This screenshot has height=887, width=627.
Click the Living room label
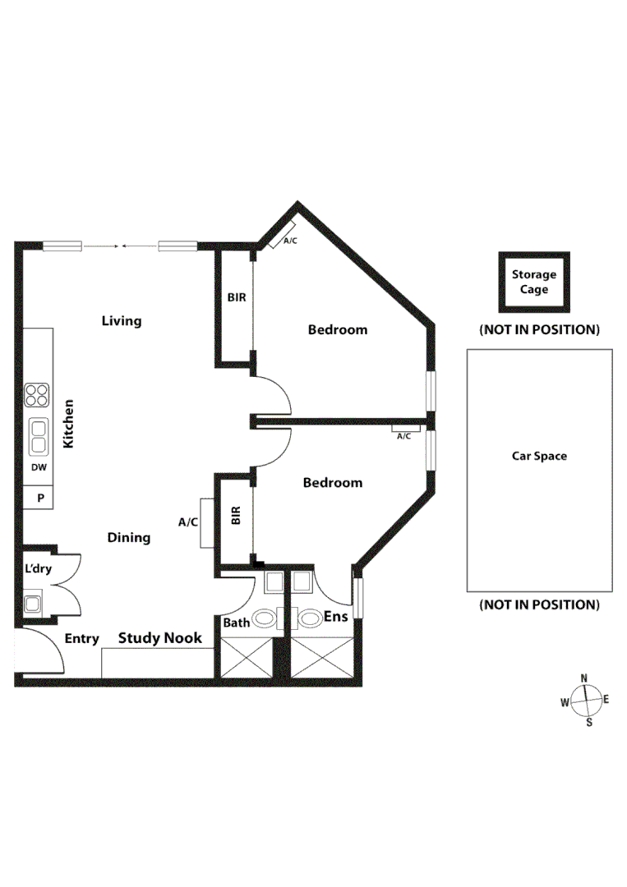pos(122,320)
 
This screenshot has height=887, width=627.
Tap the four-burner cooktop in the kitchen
pos(37,396)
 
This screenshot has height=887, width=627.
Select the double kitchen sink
pos(38,436)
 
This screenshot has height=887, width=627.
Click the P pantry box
pos(38,498)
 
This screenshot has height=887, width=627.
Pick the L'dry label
pos(37,568)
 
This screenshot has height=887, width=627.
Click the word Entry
pos(82,638)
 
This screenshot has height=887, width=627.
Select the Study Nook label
pos(160,637)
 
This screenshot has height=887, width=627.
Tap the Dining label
pos(129,537)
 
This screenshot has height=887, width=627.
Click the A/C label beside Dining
pos(188,522)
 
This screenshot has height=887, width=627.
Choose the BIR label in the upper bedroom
pos(237,297)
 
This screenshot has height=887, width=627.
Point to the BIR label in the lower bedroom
pos(237,516)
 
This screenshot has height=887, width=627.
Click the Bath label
pos(237,623)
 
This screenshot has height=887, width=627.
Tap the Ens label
pos(336,617)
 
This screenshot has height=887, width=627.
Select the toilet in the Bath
pos(265,618)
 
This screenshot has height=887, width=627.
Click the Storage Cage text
pos(534,282)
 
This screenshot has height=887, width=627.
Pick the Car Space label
pos(539,456)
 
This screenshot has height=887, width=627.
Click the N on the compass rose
pos(584,678)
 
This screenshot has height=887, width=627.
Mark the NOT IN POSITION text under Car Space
pos(539,604)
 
